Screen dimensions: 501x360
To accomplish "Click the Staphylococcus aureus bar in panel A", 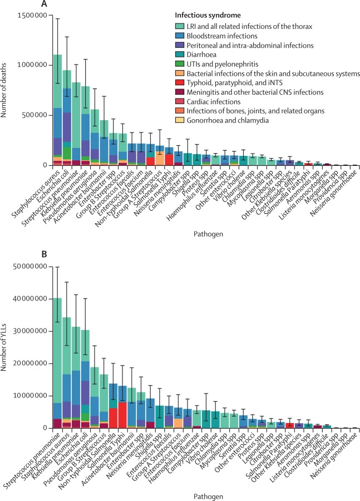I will click(x=57, y=111).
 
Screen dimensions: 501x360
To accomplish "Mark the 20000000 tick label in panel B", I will click(x=30, y=364).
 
